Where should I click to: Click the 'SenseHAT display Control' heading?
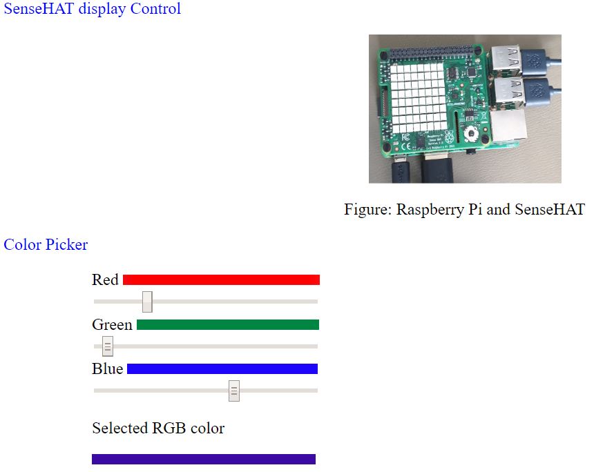pos(92,9)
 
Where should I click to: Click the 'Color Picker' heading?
pos(46,244)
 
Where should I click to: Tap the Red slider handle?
pos(147,302)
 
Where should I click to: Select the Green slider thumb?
pos(108,346)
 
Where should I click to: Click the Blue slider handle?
pos(234,391)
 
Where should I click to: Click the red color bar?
pos(221,279)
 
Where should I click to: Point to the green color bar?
pos(228,324)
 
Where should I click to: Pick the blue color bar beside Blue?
pos(222,369)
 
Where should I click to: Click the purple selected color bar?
pos(204,459)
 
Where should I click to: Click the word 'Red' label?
pos(106,279)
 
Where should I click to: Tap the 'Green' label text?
pos(112,324)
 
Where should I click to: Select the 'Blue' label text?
pos(108,369)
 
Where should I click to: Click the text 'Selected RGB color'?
pos(158,429)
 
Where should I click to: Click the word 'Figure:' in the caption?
pos(367,210)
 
